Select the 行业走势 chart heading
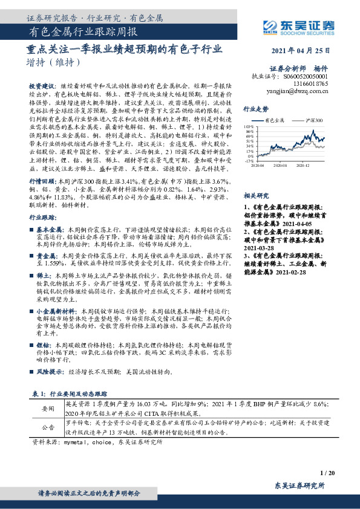click(x=255, y=109)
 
